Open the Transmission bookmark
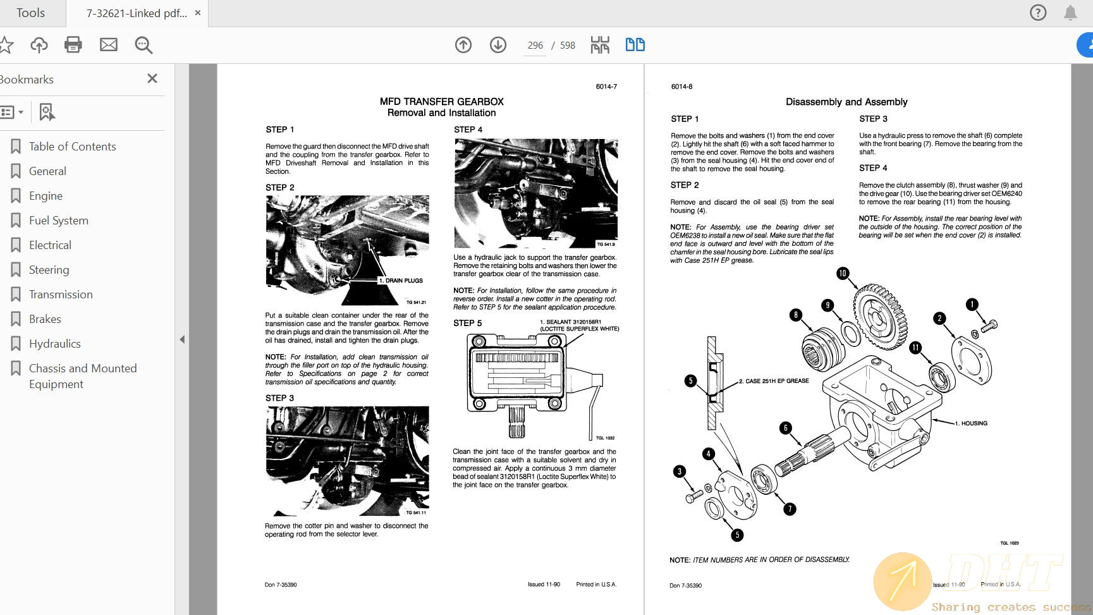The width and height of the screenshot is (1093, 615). [61, 295]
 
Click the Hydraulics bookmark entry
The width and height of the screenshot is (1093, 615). [55, 344]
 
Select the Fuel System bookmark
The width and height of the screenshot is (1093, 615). [59, 221]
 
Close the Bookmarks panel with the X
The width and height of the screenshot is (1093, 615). [152, 78]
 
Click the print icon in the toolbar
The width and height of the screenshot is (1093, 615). [73, 45]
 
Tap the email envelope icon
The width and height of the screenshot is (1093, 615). [109, 45]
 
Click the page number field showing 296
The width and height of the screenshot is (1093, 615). [535, 46]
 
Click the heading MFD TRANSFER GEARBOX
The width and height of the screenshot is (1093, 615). [441, 102]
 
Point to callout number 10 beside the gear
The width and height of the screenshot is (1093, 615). [842, 273]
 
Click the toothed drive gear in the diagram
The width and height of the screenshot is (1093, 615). [880, 316]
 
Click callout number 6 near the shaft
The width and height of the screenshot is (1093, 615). [786, 428]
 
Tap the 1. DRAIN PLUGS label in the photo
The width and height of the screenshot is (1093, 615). [401, 281]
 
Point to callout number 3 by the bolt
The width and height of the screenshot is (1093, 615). [680, 472]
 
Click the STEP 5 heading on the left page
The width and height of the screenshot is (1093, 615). [467, 323]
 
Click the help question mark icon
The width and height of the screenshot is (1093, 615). [1037, 13]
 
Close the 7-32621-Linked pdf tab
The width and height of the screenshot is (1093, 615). [198, 13]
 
